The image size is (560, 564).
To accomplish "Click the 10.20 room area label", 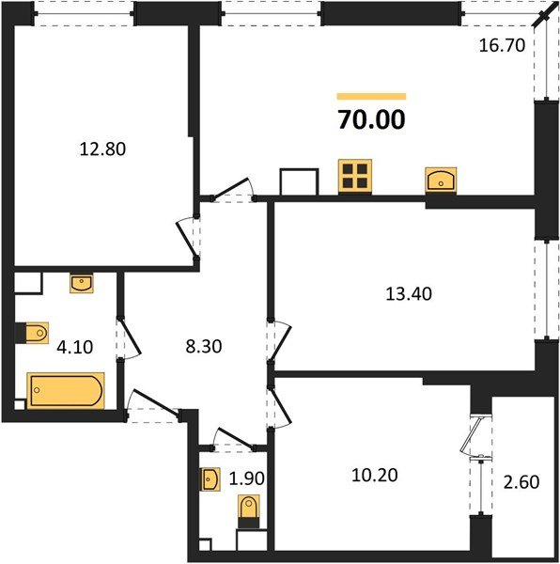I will coord(376,475).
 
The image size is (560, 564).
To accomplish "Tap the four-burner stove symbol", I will coord(357,176).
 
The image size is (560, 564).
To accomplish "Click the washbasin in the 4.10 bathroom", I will coord(82,282).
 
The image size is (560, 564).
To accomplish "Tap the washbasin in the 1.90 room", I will coord(210,479).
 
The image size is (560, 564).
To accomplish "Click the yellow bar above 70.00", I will coord(371,96).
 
